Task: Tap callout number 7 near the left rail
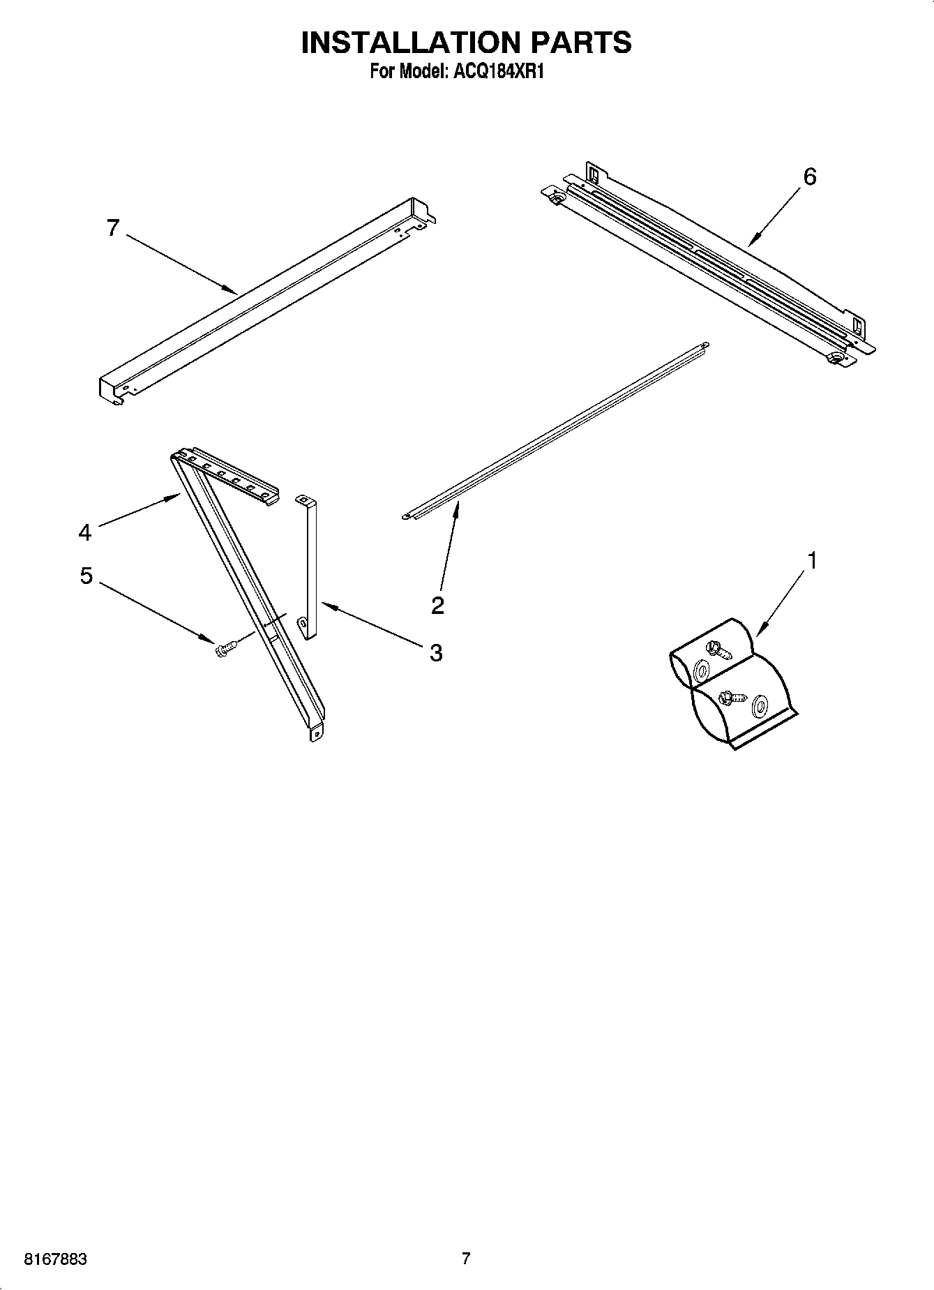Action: tap(113, 227)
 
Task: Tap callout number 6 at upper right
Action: tap(809, 177)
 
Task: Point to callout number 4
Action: tap(84, 533)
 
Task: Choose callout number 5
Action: tap(86, 576)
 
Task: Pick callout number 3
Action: tap(435, 653)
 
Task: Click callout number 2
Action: tap(437, 605)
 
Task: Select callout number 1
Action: tap(811, 560)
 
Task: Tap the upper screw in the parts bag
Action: tap(718, 650)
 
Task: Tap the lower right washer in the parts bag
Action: tap(759, 709)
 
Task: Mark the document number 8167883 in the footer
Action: tap(55, 1259)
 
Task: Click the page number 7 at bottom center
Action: tap(466, 1259)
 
